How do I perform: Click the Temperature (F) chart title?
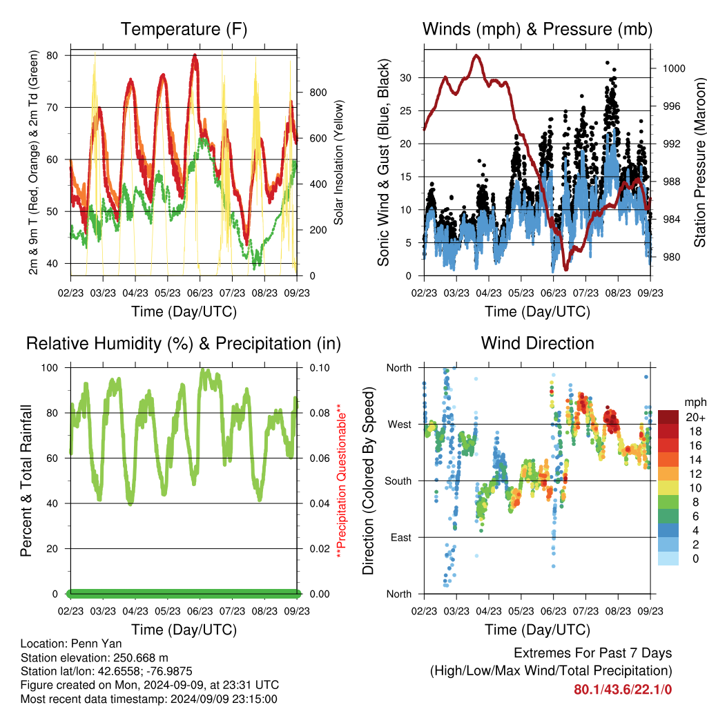[184, 29]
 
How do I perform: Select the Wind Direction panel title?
[537, 343]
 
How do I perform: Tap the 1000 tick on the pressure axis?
[674, 68]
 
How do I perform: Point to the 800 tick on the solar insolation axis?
[318, 93]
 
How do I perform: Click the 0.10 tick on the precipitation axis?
[320, 368]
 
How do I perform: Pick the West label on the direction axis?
[400, 425]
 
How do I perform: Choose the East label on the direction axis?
[401, 537]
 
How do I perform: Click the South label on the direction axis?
[398, 481]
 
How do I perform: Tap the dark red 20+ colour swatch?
[668, 417]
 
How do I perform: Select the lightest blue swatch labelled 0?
[668, 559]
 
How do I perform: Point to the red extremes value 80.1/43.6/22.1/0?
[623, 690]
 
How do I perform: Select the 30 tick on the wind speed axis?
[406, 78]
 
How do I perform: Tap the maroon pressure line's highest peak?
[476, 55]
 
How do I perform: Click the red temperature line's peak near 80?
[195, 55]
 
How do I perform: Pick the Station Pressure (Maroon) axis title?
[699, 162]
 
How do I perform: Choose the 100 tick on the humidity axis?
[50, 368]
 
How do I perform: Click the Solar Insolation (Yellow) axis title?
[338, 162]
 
